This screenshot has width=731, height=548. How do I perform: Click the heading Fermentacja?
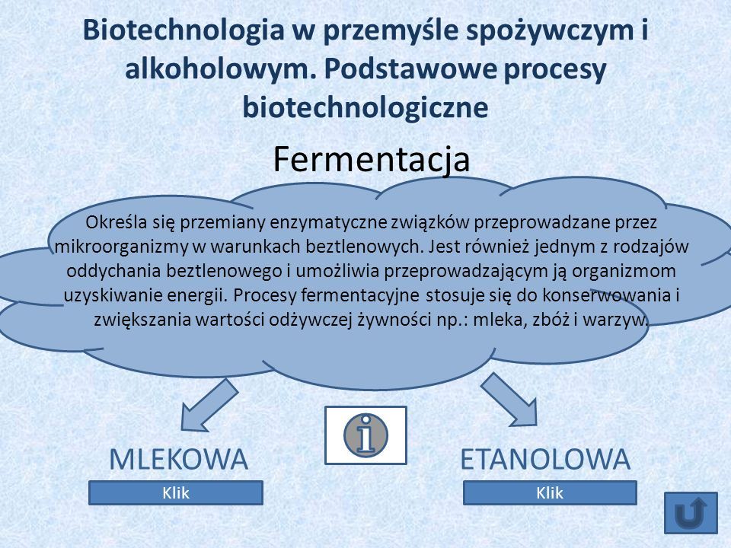(371, 159)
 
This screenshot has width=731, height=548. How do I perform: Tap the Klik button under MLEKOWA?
(176, 493)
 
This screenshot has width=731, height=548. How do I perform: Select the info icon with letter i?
(366, 435)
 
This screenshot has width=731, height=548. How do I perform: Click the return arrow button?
(691, 512)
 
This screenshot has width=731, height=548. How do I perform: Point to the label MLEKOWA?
(178, 459)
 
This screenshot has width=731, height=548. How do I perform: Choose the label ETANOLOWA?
(545, 459)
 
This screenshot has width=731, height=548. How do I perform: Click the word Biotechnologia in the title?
(184, 30)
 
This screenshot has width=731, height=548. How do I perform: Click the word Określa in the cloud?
(117, 222)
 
